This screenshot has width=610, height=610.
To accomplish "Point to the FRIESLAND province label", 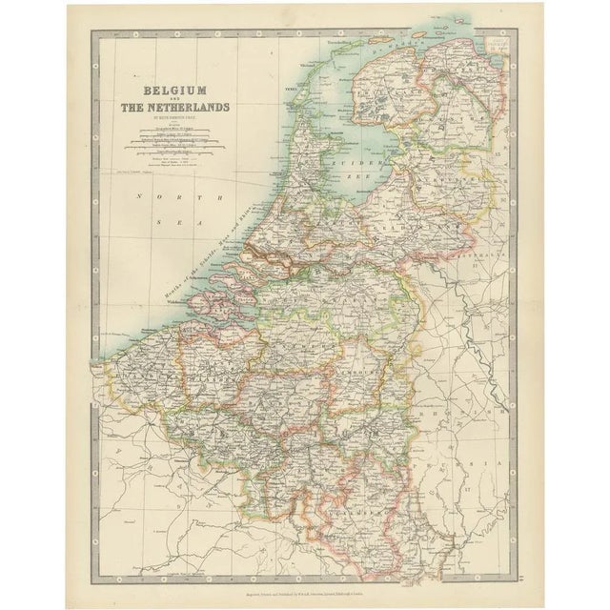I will pyautogui.click(x=391, y=91).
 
